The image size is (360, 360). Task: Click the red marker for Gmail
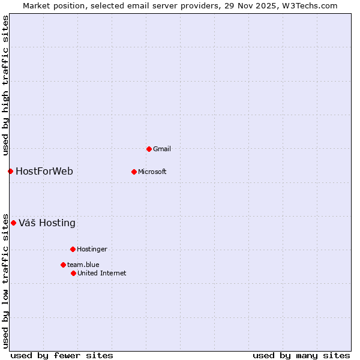[x=149, y=149]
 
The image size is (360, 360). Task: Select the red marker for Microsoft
[x=134, y=172]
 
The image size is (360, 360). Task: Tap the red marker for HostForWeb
[x=10, y=172]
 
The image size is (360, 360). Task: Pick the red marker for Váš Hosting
[x=13, y=223]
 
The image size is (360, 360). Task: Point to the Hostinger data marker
[x=73, y=249]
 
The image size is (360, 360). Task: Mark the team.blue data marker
[x=63, y=265]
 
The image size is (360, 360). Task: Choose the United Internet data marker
[x=73, y=273]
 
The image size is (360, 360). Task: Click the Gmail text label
[x=162, y=149]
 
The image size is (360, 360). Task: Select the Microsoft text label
[x=152, y=172]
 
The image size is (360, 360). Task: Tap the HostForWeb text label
[x=44, y=172]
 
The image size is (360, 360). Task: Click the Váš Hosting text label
[x=47, y=223]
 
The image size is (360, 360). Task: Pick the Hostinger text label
[x=92, y=249]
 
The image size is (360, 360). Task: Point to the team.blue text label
[x=83, y=265]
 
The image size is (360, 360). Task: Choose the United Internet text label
[x=102, y=273]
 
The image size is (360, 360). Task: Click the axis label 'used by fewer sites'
[x=62, y=355]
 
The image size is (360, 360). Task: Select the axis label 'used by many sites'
[x=301, y=355]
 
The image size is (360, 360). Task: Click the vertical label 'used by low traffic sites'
[x=5, y=281]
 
